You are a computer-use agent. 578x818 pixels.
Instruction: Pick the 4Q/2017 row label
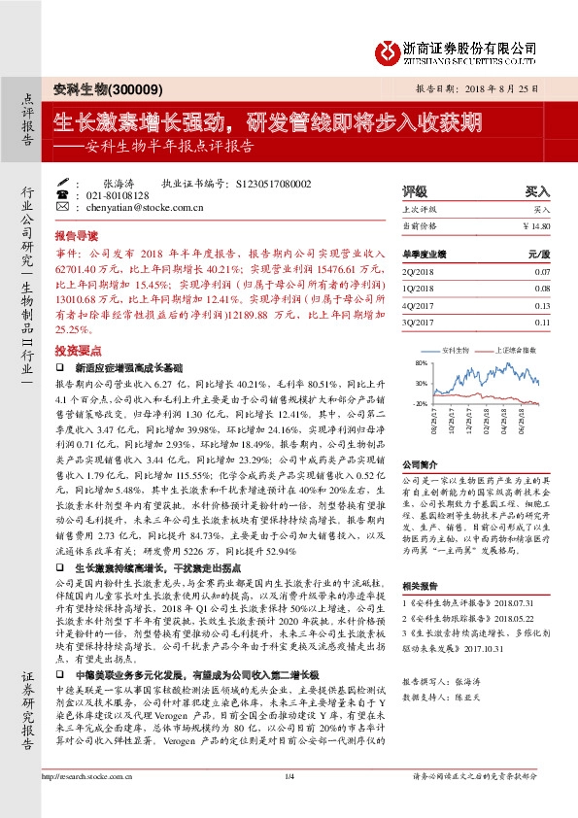pyautogui.click(x=419, y=306)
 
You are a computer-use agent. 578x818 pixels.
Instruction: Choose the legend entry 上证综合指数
pyautogui.click(x=511, y=347)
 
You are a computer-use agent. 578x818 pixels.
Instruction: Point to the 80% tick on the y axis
pyautogui.click(x=420, y=362)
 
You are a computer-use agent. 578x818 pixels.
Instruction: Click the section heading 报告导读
pyautogui.click(x=76, y=236)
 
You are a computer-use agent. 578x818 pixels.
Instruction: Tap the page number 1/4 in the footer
pyautogui.click(x=289, y=802)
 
